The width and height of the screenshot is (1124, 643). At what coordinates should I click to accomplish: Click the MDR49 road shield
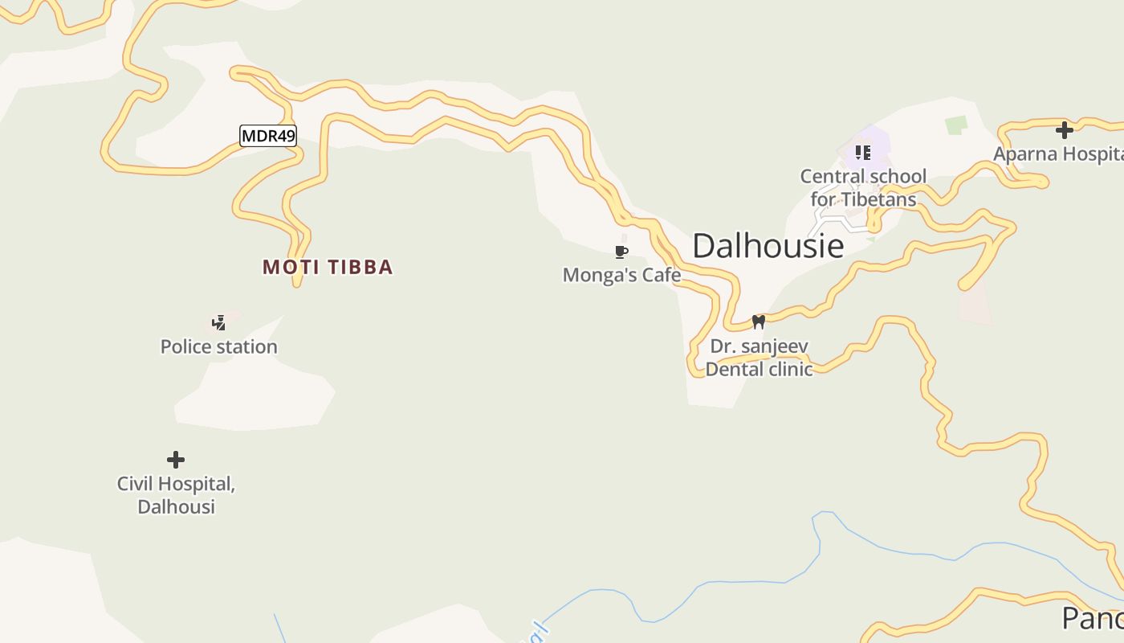(x=268, y=136)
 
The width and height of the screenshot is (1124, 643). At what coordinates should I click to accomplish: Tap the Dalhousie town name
(x=768, y=246)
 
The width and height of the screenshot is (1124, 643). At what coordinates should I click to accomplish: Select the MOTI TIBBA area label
(x=328, y=267)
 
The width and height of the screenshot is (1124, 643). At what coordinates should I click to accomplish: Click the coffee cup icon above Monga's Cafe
(x=621, y=252)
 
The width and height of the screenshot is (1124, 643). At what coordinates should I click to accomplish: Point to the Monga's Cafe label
(x=621, y=275)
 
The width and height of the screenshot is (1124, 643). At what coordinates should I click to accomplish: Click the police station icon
(x=218, y=323)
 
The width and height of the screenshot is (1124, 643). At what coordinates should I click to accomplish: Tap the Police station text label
(x=218, y=346)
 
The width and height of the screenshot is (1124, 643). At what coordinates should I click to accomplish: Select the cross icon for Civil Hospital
(x=176, y=460)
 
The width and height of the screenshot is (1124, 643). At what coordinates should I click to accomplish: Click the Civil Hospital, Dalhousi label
(x=176, y=495)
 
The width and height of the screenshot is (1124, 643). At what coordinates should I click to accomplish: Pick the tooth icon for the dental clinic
(x=758, y=322)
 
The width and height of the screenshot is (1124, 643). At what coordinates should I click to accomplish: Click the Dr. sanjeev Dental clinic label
(x=759, y=358)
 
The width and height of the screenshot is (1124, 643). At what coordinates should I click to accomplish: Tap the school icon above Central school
(x=863, y=152)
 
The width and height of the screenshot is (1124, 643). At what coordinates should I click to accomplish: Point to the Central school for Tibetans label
(x=863, y=187)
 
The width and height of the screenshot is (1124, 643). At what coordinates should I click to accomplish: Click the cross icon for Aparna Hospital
(x=1065, y=130)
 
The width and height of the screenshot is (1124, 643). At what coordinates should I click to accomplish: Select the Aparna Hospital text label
(x=1057, y=154)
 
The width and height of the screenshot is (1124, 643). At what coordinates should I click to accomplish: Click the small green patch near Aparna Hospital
(x=955, y=125)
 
